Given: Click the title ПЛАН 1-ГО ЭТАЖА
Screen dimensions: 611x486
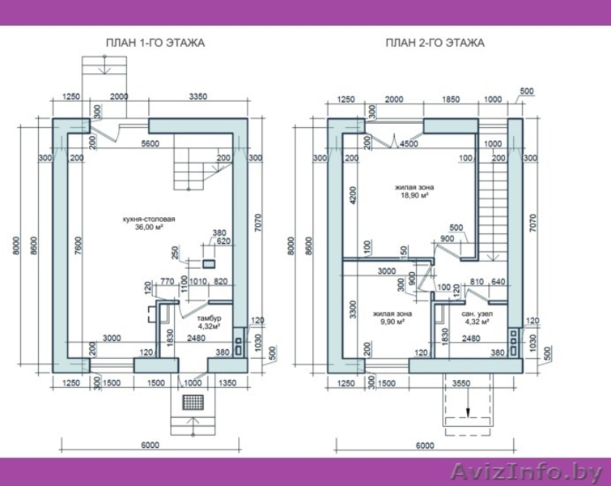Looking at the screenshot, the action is (155, 43).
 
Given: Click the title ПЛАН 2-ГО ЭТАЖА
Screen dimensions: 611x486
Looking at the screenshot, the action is (435, 43).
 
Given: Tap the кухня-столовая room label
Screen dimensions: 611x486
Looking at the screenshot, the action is (147, 220).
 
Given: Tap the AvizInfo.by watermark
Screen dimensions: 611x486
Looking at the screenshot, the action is (526, 473).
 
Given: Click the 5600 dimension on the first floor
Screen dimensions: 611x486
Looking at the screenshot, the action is (151, 144).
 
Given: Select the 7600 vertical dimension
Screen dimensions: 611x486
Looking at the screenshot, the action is (78, 245).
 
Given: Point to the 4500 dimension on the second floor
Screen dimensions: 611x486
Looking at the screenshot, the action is (409, 144).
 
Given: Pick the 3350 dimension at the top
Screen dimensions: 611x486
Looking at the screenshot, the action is (198, 96).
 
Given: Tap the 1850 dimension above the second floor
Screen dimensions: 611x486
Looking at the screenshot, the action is (451, 100).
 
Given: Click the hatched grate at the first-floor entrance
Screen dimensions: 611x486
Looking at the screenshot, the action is (193, 402).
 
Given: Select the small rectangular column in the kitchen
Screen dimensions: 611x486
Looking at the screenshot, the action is (209, 264).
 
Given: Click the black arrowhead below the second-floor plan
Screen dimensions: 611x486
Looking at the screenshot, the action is (468, 413).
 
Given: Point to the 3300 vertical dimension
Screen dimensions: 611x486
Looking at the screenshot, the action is (353, 310).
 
